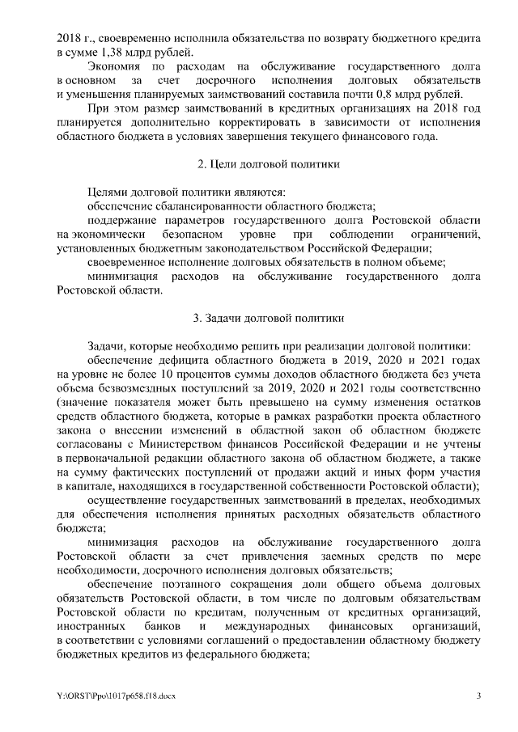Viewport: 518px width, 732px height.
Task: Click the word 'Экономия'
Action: [112, 67]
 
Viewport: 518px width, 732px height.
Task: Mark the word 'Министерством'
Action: [176, 444]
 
